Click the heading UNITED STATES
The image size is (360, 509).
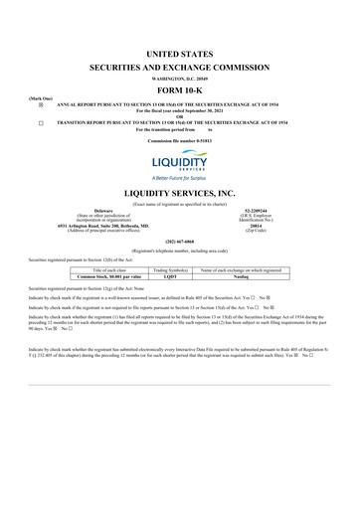[180, 50]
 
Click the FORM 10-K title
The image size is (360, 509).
[180, 86]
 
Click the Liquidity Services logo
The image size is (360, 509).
[180, 161]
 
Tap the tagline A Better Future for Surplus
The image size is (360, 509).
[180, 177]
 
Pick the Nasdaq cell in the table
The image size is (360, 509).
[244, 276]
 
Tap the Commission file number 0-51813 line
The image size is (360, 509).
[180, 141]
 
